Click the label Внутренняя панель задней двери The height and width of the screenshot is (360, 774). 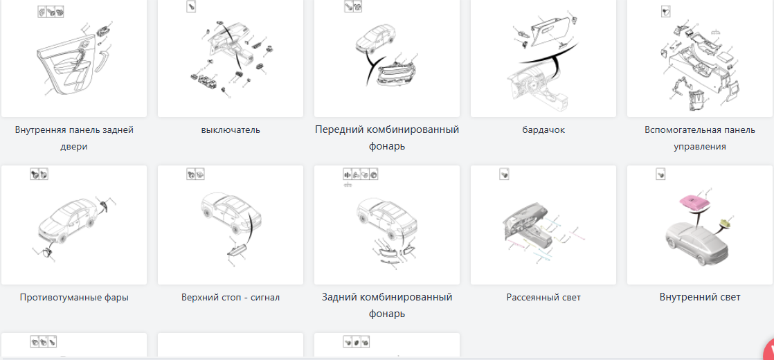pos(74,138)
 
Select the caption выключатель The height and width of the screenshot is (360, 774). pos(231,130)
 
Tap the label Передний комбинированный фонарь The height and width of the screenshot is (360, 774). pos(387,138)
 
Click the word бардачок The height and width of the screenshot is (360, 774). pos(543,130)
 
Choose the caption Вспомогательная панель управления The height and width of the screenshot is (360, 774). pos(699,138)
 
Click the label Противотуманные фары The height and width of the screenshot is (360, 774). pos(74,297)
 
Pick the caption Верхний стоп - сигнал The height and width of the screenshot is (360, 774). pos(231,297)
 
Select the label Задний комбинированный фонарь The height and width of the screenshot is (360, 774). pos(387,305)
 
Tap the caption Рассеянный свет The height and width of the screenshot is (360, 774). pos(543,297)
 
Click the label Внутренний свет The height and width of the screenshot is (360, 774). pos(700,297)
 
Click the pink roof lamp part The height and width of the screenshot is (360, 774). pos(696,201)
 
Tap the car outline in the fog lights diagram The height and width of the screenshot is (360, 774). pos(67,221)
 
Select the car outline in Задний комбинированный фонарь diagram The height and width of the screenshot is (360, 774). pos(386,217)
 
